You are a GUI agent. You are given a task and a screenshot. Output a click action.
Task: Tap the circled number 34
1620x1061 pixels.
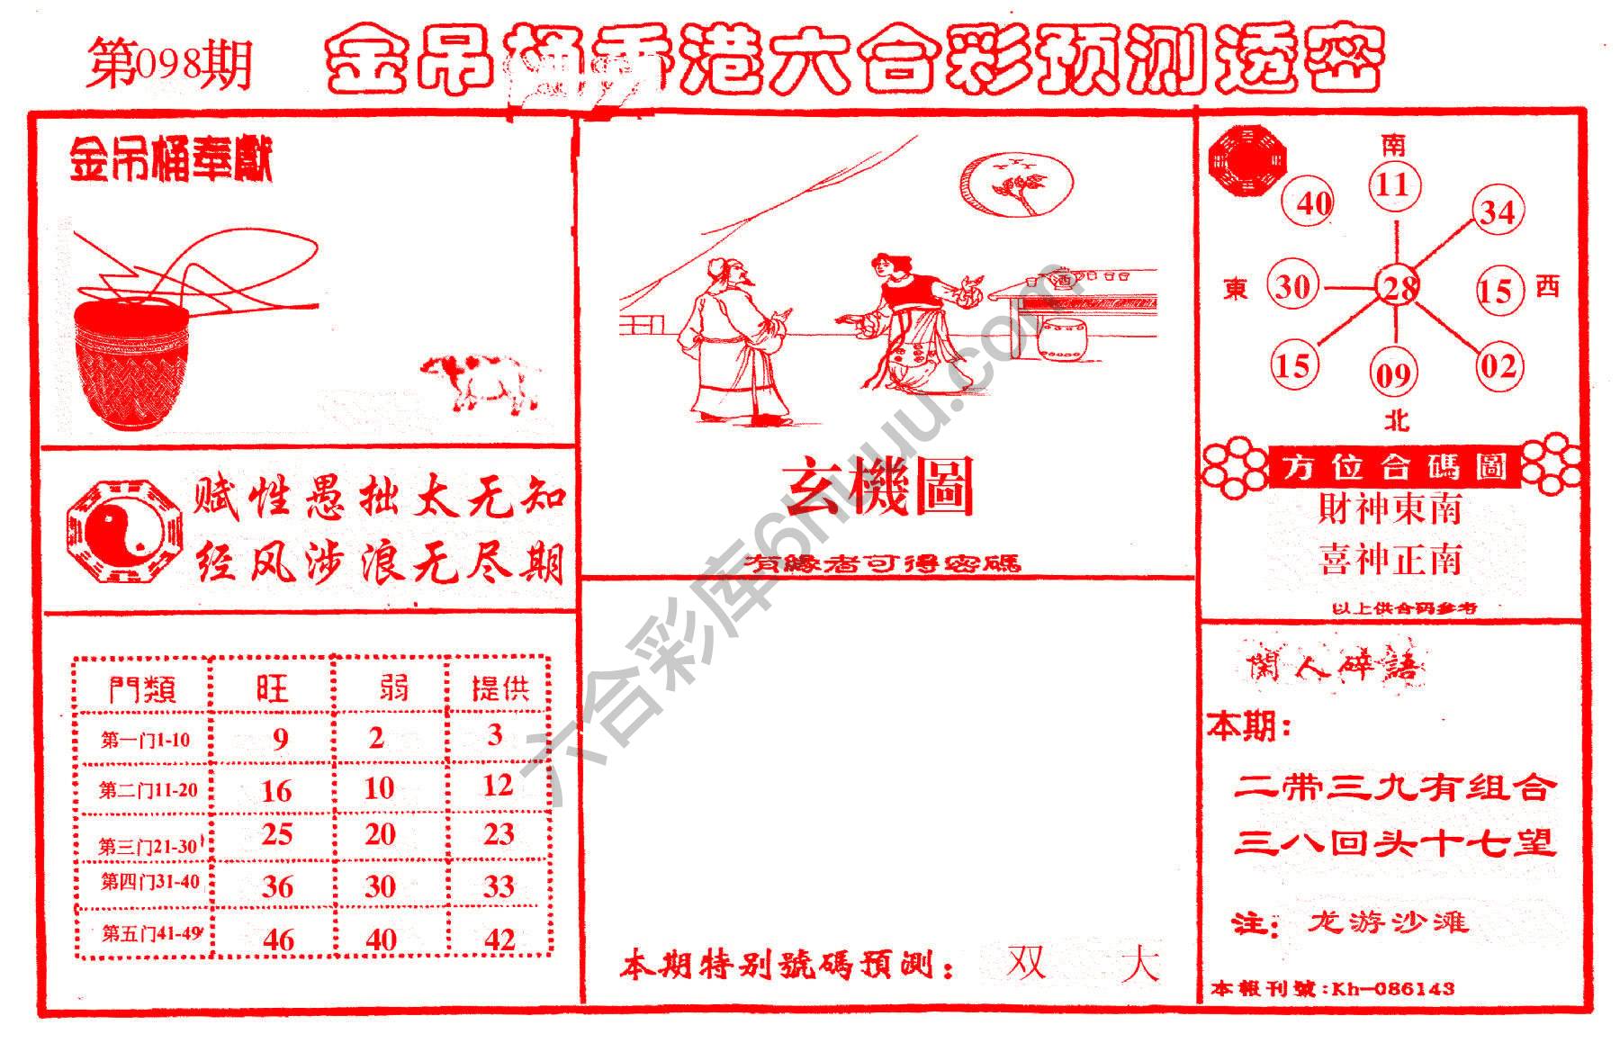(x=1498, y=212)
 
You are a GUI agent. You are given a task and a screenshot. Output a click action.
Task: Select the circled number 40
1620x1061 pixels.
(x=1313, y=203)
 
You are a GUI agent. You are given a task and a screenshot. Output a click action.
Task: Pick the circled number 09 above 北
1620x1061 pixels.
(x=1394, y=373)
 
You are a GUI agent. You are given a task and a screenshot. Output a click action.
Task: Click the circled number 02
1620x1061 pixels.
(x=1498, y=366)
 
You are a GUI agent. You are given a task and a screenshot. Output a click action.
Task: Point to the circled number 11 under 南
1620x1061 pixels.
(x=1394, y=185)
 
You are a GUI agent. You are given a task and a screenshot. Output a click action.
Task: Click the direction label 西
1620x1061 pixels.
(x=1547, y=287)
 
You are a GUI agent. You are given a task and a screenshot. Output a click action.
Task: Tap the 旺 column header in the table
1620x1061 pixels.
(x=272, y=689)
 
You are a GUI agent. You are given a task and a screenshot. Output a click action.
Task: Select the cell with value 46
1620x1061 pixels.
(x=278, y=940)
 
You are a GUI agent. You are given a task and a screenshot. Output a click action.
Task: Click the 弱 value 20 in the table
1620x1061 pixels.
(x=380, y=834)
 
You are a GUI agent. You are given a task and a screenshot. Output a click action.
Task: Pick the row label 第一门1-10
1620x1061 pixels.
(x=145, y=741)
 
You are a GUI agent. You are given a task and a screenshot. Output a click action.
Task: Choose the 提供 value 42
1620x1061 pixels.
(x=499, y=940)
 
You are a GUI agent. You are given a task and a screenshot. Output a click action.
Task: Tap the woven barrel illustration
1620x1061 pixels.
(x=132, y=360)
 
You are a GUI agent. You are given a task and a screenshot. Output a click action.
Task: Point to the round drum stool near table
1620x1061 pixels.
(x=1062, y=338)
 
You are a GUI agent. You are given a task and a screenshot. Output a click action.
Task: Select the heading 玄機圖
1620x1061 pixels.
(x=881, y=487)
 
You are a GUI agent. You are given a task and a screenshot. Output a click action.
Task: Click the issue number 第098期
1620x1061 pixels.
(x=168, y=66)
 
